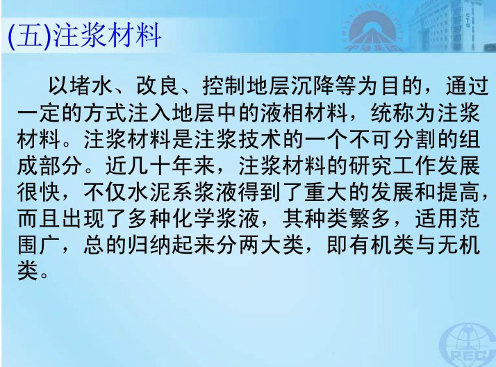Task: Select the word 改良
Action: (x=158, y=85)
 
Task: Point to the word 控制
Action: (x=224, y=85)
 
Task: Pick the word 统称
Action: (x=392, y=113)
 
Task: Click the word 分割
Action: (x=415, y=139)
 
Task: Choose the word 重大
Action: (x=326, y=193)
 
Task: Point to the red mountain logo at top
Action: (x=372, y=31)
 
